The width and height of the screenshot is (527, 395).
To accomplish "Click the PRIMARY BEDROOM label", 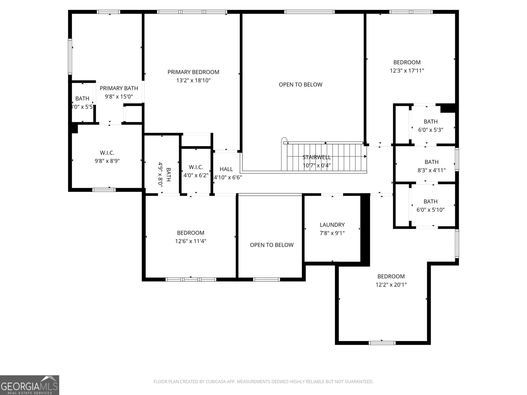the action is (x=193, y=72).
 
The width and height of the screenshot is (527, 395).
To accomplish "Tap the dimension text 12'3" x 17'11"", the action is (x=407, y=70).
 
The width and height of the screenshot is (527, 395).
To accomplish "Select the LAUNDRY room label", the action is (x=332, y=225).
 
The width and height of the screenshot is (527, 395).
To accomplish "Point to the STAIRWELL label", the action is (x=317, y=157).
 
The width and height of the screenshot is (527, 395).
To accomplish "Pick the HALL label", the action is (x=226, y=169).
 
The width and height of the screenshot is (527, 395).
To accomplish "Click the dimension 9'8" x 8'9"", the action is (x=107, y=161).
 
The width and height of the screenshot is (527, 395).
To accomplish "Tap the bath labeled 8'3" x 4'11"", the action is (x=431, y=166).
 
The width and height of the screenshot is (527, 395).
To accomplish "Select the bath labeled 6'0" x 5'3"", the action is (x=430, y=126).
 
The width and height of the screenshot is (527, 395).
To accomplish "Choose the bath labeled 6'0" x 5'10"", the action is (x=430, y=205).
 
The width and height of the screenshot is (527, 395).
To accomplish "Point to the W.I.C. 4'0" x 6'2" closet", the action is (x=196, y=171).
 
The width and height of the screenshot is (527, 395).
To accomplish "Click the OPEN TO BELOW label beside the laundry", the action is (x=271, y=245).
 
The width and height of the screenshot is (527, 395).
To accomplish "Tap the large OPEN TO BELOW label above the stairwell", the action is (x=300, y=85).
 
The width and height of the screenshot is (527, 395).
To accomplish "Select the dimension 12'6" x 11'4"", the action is (x=191, y=241).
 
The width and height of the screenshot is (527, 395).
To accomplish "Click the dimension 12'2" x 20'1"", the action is (x=391, y=285).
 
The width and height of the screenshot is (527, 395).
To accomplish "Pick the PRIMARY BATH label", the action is (x=119, y=88).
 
